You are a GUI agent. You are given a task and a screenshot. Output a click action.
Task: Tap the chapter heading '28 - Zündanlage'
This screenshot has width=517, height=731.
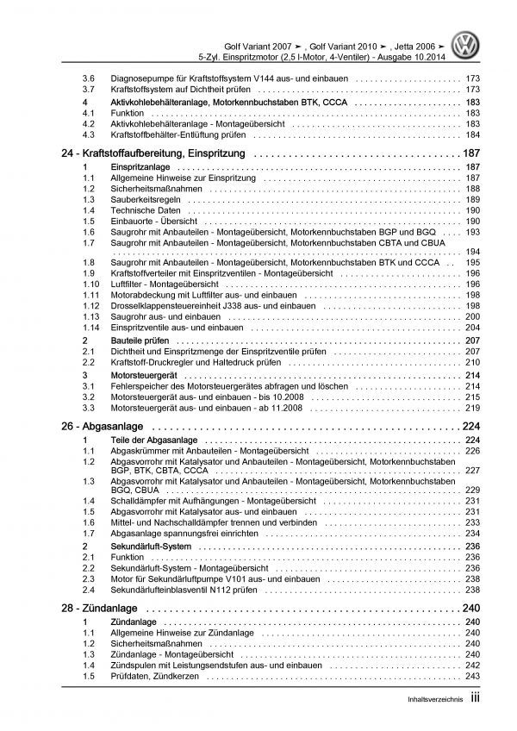[x=103, y=609]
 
